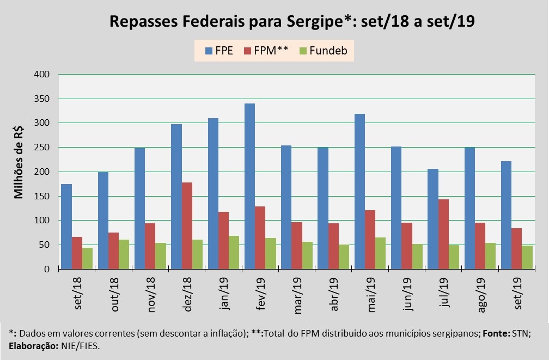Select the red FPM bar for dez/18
click(187, 225)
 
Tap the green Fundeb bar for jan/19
click(234, 252)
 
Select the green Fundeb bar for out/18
click(124, 254)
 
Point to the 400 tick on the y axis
click(42, 74)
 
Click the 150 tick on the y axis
click(42, 196)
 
